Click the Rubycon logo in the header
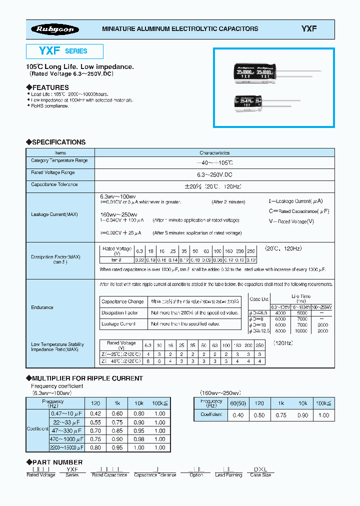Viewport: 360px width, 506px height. pos(55,29)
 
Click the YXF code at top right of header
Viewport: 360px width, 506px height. pos(308,29)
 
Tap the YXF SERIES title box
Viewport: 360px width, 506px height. pos(64,51)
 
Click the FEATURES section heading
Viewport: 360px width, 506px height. pos(47,87)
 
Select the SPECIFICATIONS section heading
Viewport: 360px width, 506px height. pos(55,142)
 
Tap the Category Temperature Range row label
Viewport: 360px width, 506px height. pos(59,161)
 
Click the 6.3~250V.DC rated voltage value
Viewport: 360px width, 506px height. pos(214,174)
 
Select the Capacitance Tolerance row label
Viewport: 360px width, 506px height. pos(54,184)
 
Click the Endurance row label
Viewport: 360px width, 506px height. pos(42,307)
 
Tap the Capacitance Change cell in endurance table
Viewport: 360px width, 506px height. pos(122,302)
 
